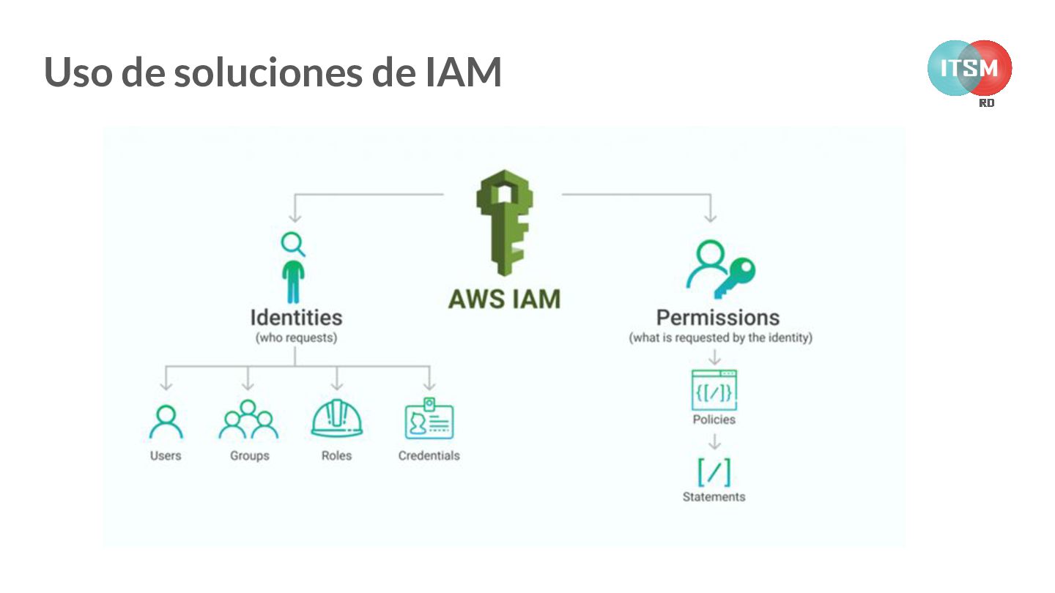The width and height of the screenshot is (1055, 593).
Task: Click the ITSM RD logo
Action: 969,70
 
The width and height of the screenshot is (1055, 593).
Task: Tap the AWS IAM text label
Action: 504,299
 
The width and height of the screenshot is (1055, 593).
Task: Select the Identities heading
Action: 296,318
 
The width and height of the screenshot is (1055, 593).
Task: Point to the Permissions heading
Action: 717,318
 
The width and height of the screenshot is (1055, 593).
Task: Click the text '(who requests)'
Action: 296,338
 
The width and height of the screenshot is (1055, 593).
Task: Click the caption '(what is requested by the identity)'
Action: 720,338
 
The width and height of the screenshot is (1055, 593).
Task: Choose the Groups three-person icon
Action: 248,419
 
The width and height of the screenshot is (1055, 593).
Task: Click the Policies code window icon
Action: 714,390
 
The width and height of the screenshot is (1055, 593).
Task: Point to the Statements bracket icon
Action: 714,472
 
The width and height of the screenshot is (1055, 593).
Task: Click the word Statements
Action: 714,497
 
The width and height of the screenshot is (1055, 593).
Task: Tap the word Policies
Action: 714,419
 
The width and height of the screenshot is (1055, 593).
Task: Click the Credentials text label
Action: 429,455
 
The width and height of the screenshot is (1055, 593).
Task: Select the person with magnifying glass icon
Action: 294,267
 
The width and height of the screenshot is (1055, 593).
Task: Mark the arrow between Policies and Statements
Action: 714,442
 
